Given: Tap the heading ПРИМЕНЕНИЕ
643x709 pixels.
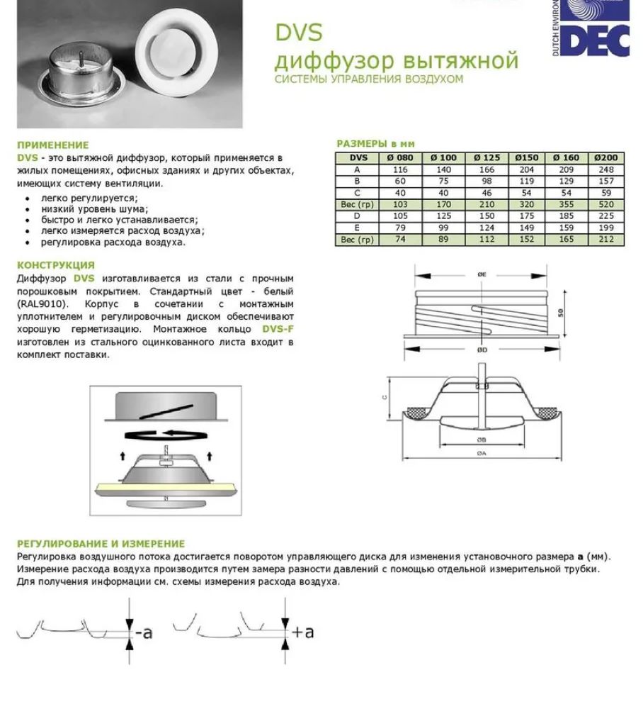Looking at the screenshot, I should coord(53,145).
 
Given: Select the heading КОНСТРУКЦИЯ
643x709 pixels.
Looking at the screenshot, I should coord(55,265).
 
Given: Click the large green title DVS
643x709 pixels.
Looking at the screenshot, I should coord(298,32).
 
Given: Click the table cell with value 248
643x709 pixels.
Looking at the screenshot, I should coord(605,169).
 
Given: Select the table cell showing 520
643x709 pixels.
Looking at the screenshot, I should coord(605,204).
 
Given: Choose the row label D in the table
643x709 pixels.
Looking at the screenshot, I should coord(356,216).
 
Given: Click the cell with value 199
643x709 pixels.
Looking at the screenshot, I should coord(605,228).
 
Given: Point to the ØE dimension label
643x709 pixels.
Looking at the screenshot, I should coord(482,275).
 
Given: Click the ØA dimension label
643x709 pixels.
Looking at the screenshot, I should coord(482,452).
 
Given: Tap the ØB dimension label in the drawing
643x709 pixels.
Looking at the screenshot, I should coord(482,439).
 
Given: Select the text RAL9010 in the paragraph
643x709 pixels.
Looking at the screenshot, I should coord(38,303).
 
